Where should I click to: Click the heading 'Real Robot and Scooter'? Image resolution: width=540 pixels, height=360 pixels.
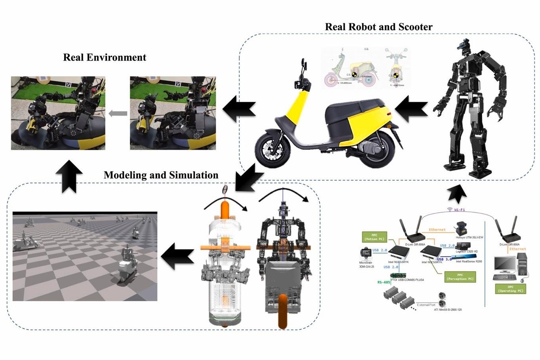point(378,27)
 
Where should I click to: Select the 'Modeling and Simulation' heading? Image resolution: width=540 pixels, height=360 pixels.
point(161,175)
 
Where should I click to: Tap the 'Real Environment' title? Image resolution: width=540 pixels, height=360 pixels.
point(105,57)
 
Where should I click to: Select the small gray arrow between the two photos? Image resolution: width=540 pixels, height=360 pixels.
point(118,114)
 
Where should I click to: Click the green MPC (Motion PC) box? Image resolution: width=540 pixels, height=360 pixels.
point(374,237)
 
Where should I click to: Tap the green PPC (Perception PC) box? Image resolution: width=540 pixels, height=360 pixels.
point(460,276)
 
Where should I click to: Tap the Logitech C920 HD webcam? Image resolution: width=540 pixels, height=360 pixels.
point(461,246)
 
